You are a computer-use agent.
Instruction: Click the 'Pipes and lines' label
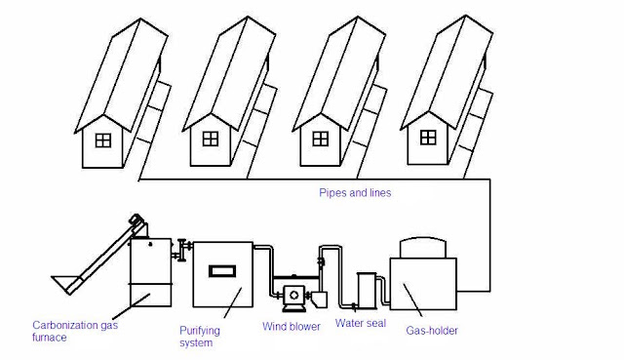355,193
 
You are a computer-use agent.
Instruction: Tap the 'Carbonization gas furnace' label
75,332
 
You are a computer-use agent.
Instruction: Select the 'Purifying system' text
199,337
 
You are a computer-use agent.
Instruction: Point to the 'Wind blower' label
292,327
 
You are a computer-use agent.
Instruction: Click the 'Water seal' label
361,323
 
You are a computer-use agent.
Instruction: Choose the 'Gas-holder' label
432,331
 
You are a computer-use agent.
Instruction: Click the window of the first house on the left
103,140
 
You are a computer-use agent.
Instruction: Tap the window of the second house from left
211,139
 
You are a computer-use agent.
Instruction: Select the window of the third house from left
321,139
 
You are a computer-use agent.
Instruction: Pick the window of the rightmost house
428,138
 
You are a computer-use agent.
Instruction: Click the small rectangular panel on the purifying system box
222,271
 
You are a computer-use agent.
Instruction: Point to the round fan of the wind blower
294,296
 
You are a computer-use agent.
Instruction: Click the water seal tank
367,291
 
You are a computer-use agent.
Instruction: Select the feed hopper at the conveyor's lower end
63,283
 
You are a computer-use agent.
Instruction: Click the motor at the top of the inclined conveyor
136,220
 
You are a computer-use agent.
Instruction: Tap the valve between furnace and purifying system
182,250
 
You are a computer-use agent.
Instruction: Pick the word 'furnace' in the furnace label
50,338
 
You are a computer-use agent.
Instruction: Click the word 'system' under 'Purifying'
196,342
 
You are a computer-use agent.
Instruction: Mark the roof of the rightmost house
447,73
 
